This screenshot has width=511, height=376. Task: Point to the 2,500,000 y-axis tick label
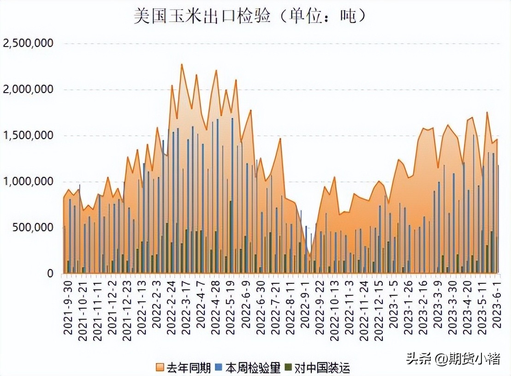(x=28, y=44)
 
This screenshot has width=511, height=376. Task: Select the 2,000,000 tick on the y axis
(x=28, y=90)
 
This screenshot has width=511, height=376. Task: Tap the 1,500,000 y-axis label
(x=28, y=136)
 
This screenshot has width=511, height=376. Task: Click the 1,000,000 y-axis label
(x=28, y=182)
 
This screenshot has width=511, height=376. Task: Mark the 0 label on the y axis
(x=51, y=274)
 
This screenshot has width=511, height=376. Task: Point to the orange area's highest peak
(x=182, y=65)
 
